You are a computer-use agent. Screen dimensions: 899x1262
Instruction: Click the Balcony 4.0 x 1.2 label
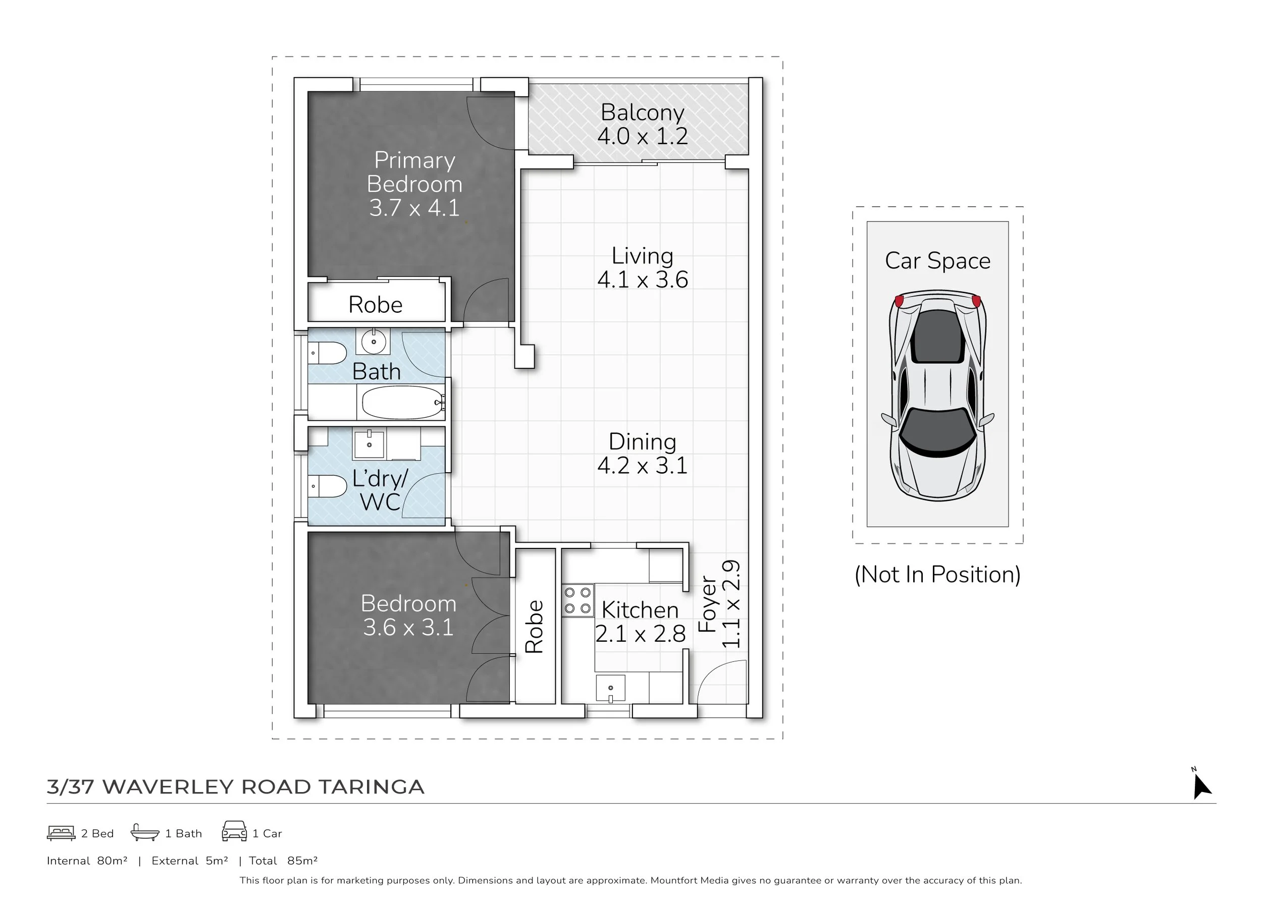click(x=642, y=125)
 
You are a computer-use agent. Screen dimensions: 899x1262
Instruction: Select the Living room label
click(x=642, y=256)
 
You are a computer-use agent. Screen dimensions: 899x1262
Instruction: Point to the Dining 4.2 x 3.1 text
click(x=642, y=454)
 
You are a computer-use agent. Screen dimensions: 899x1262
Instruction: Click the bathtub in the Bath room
click(x=402, y=403)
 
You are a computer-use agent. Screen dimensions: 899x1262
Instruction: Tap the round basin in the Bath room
click(x=373, y=342)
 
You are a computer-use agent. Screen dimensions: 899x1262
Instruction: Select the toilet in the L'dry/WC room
click(x=328, y=486)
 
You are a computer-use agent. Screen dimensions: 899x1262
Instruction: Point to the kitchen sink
click(x=610, y=689)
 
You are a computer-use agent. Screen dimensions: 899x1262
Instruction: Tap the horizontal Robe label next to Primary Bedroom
click(x=376, y=305)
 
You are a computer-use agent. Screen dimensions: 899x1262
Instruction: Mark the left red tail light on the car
click(x=899, y=301)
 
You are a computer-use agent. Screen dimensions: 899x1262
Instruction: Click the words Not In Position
click(x=937, y=575)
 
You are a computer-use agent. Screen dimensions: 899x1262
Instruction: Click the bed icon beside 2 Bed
click(x=61, y=833)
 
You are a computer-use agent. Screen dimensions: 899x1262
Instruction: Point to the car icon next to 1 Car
click(x=234, y=831)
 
